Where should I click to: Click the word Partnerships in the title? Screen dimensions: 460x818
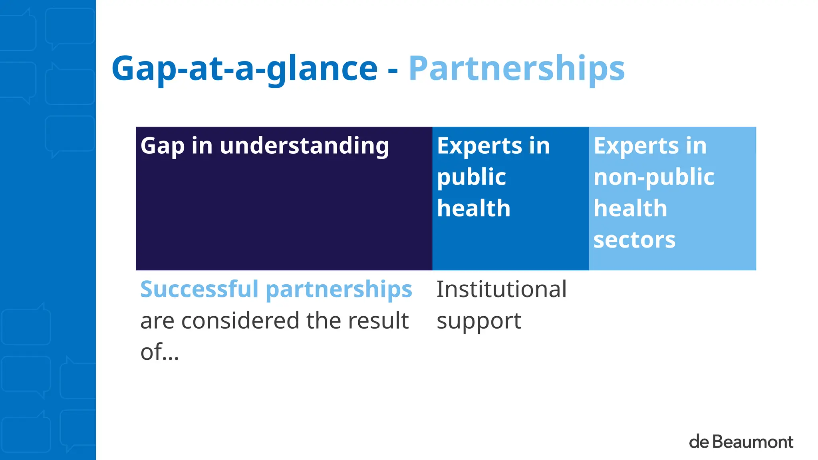click(x=516, y=69)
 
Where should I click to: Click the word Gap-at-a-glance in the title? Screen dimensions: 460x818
click(x=244, y=69)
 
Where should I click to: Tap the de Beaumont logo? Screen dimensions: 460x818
click(x=741, y=442)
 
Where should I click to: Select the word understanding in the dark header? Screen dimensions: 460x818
click(x=304, y=145)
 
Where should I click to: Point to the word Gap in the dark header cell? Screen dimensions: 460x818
click(x=162, y=146)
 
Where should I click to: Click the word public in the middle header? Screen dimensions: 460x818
click(x=471, y=177)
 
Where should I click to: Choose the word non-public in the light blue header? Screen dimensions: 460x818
click(x=654, y=177)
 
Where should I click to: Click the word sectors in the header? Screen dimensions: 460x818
click(x=634, y=240)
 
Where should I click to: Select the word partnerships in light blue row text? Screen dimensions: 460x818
click(x=339, y=290)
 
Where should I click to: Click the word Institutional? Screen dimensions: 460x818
click(x=501, y=289)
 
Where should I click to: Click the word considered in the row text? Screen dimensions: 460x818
click(x=240, y=321)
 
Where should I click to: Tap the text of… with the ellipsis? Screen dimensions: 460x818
click(x=159, y=352)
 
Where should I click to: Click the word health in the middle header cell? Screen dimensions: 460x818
click(x=473, y=208)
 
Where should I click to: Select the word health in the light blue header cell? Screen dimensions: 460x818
click(x=630, y=208)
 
